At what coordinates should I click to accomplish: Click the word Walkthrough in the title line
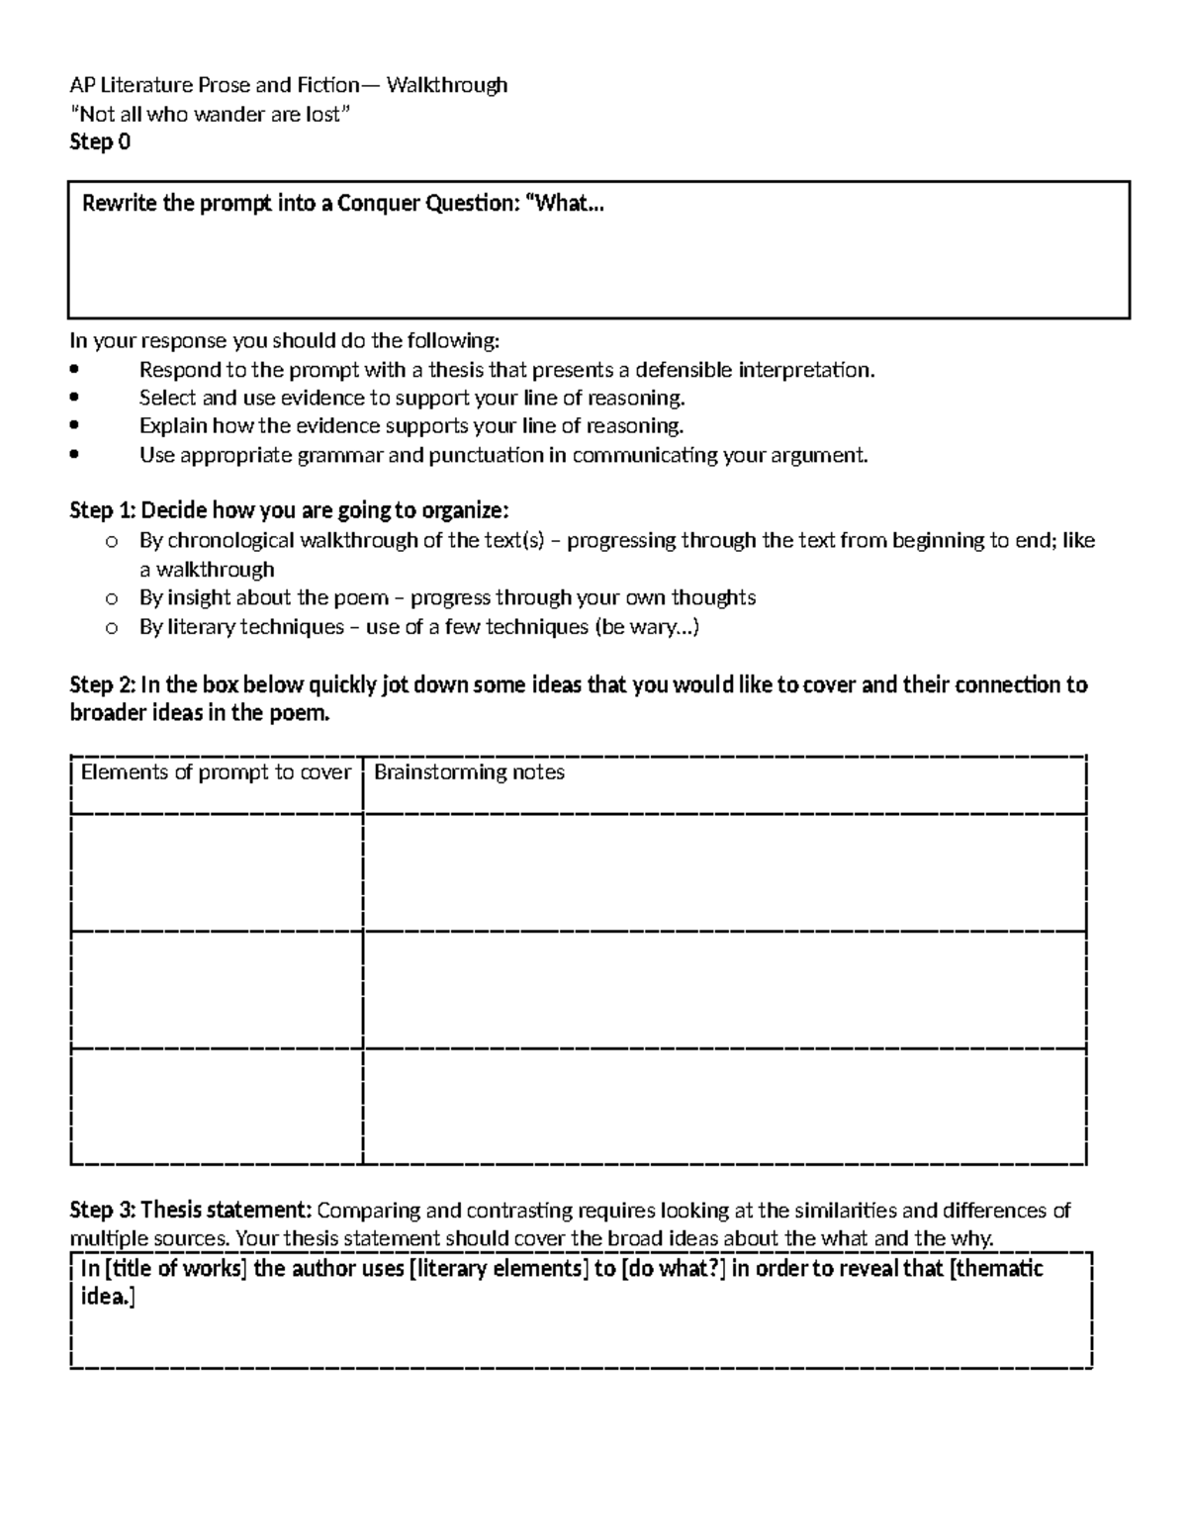tap(447, 85)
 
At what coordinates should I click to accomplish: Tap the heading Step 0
tap(100, 142)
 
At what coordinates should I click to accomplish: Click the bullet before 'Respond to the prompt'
tap(75, 371)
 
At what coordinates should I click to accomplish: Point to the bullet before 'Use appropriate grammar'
tap(75, 456)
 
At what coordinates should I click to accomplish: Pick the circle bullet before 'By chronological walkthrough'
tap(111, 542)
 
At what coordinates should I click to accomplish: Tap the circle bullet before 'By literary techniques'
tap(111, 628)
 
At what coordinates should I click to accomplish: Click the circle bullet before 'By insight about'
tap(111, 598)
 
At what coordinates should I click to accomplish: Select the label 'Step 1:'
tap(103, 511)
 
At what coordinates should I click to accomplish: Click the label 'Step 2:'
tap(103, 685)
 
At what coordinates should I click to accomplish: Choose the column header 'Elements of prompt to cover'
tap(216, 772)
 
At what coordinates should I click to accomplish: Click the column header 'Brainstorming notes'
tap(469, 772)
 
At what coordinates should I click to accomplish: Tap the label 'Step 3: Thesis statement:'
tap(191, 1211)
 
